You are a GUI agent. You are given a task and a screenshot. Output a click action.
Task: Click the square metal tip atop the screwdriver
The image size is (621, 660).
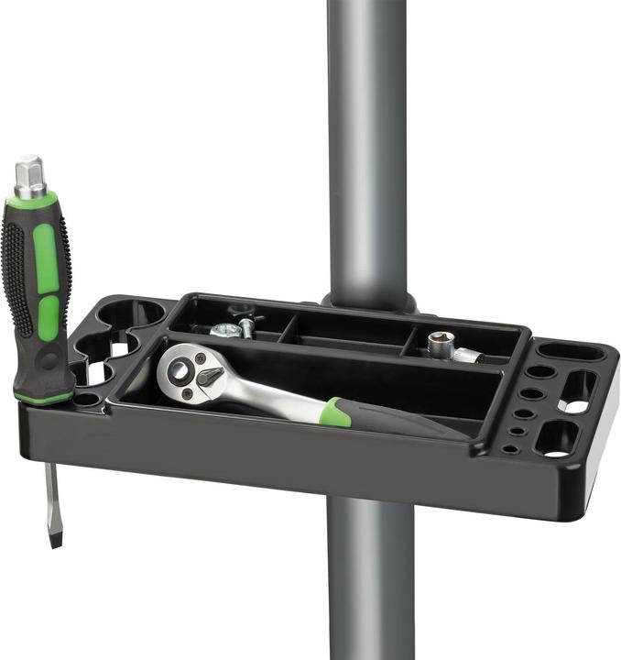(29, 174)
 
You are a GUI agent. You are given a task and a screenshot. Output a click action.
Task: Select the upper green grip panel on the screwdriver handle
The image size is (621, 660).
(45, 258)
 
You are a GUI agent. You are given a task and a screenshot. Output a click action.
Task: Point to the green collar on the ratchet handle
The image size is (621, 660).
(335, 412)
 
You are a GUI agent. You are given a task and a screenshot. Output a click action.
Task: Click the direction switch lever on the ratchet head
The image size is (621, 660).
(210, 374)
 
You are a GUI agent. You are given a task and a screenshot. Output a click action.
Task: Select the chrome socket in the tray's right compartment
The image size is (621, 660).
(443, 345)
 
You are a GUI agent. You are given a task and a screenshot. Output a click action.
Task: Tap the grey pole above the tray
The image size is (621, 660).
(367, 137)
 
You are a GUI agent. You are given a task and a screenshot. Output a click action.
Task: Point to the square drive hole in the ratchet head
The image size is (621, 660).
(180, 371)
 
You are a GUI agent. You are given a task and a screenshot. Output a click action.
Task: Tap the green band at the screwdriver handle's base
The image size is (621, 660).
(44, 396)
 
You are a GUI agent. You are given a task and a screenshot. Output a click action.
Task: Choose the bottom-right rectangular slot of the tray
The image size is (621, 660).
(558, 440)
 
